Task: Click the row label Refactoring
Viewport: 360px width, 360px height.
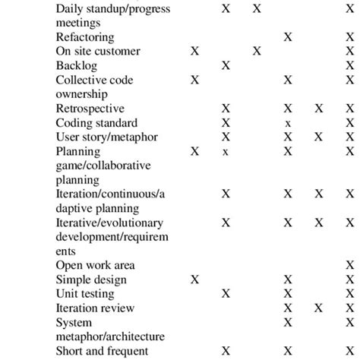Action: (85, 37)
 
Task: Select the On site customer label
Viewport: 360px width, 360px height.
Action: (98, 51)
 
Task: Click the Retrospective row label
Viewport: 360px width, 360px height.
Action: (90, 109)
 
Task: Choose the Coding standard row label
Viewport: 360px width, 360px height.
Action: (96, 123)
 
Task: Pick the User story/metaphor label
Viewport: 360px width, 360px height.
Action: (104, 137)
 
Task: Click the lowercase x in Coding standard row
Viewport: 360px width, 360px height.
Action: (288, 123)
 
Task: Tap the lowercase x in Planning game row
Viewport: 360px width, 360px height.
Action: (226, 152)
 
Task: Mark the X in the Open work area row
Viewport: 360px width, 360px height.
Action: (349, 265)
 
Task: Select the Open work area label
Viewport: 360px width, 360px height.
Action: (95, 265)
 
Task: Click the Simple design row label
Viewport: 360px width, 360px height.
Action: (91, 279)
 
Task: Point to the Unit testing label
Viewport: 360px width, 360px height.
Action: (87, 294)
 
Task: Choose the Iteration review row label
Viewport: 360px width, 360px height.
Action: (95, 308)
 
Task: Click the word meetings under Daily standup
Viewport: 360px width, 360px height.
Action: (78, 23)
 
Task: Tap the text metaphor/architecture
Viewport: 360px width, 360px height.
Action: (110, 336)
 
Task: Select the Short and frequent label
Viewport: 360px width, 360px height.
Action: (101, 351)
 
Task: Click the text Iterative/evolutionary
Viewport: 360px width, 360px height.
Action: (110, 223)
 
